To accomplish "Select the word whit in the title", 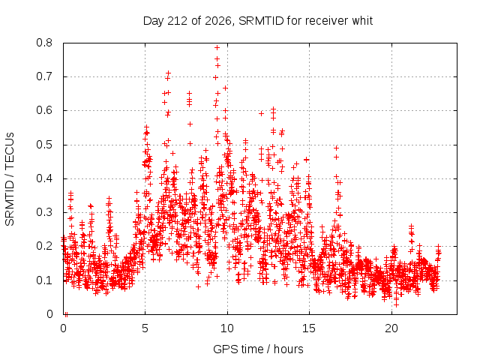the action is click(x=362, y=21).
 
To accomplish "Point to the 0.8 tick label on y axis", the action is click(x=44, y=43).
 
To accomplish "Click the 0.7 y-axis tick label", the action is click(x=44, y=76).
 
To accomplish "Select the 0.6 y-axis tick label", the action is click(x=44, y=110).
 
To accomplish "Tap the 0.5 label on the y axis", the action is click(x=44, y=145).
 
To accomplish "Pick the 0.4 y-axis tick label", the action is click(x=44, y=178).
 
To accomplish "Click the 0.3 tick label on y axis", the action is click(x=44, y=212).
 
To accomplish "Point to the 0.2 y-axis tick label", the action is click(x=44, y=246).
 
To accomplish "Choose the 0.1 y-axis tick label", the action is click(x=44, y=280).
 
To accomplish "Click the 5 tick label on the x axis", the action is click(x=145, y=328).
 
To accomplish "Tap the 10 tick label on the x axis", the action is click(x=227, y=328).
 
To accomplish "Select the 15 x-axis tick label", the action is click(x=309, y=328).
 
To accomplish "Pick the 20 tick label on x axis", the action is click(x=391, y=328).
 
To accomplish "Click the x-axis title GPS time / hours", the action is click(x=258, y=349).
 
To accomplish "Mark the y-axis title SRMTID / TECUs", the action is click(x=10, y=179).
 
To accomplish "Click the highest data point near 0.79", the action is click(x=217, y=48).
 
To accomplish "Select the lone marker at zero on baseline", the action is click(x=66, y=314).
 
